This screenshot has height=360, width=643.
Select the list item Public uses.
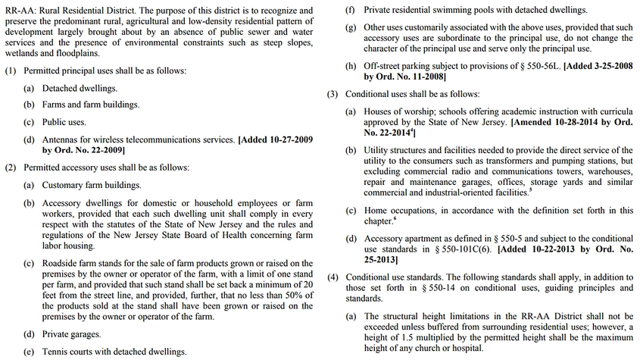[64, 122]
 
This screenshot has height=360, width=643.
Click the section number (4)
[332, 277]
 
